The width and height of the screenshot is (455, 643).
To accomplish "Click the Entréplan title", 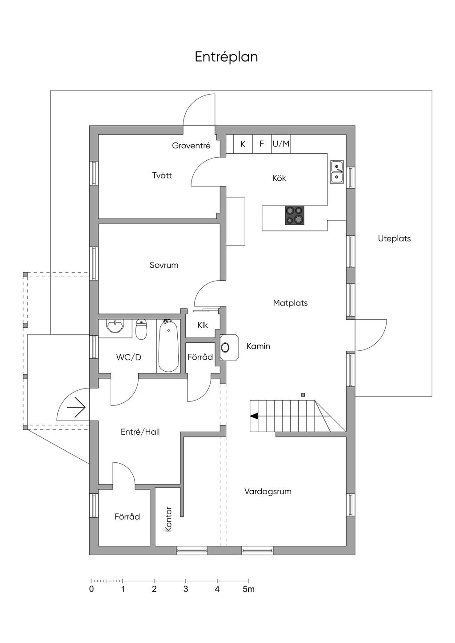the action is pos(226,57).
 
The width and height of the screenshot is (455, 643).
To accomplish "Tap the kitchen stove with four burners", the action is pos(295,215).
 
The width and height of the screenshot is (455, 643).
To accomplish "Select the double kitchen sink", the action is pos(337,172).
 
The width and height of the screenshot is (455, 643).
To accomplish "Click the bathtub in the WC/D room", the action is pos(168,346).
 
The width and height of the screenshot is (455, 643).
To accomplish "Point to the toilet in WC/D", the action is pos(141,329).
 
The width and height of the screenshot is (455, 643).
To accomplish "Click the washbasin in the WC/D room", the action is pos(115,326).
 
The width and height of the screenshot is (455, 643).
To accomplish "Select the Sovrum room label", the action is pos(164,265).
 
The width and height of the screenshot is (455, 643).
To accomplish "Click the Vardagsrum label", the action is pos(267,492).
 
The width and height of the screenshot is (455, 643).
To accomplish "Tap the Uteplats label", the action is pos(394,238).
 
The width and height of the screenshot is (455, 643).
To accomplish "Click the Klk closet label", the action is pos(203,325).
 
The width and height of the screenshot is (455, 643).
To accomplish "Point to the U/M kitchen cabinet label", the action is pos(281,144).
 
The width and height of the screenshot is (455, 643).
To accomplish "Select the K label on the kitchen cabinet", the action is pos(243,144).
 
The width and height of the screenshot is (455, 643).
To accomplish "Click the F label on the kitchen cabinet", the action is pos(262,144).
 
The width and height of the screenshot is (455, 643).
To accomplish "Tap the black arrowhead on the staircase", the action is pos(254,416).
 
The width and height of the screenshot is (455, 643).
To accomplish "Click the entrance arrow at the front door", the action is pos(76,407).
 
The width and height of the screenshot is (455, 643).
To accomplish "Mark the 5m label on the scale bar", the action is pos(248,589).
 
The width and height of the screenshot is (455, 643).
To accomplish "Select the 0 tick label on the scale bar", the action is pos(92,589).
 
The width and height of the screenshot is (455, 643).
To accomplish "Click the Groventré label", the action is pos(191,145).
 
